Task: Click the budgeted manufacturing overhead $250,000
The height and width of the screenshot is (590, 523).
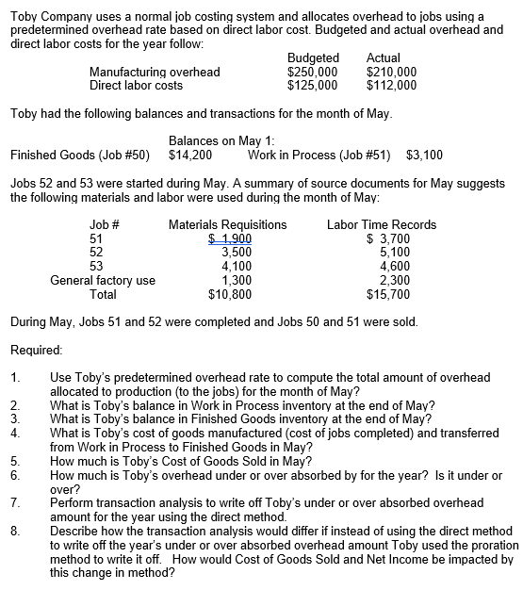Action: [312, 72]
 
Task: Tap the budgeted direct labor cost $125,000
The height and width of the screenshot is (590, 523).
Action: [312, 85]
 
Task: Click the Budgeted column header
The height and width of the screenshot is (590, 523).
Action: [312, 58]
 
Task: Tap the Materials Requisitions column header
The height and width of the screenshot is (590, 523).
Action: [227, 224]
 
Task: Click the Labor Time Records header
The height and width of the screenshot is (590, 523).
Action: [381, 224]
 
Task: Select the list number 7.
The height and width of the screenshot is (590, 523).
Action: [15, 503]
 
